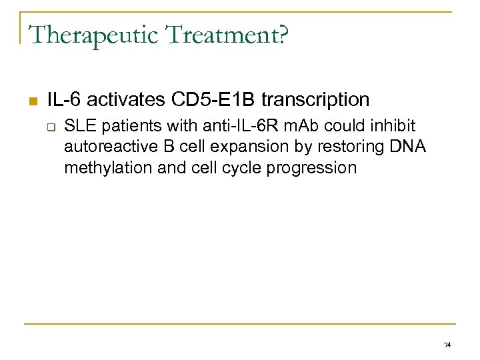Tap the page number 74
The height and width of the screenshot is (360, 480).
click(447, 345)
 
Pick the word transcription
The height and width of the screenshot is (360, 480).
click(315, 99)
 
